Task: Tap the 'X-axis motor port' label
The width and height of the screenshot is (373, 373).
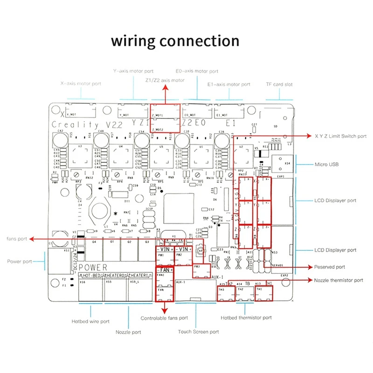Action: tap(81, 84)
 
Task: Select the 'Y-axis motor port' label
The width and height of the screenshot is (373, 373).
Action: tap(133, 71)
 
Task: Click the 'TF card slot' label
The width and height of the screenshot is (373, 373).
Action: tap(279, 84)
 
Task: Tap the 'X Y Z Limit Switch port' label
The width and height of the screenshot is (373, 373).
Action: tap(340, 136)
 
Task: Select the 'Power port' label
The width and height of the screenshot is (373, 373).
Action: tap(20, 262)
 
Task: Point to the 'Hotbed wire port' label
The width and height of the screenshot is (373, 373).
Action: tap(90, 321)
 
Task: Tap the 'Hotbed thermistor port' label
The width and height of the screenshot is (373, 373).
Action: tap(246, 318)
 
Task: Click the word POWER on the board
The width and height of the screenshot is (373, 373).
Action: tap(93, 268)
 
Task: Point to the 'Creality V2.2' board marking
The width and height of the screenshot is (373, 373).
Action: tap(75, 125)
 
